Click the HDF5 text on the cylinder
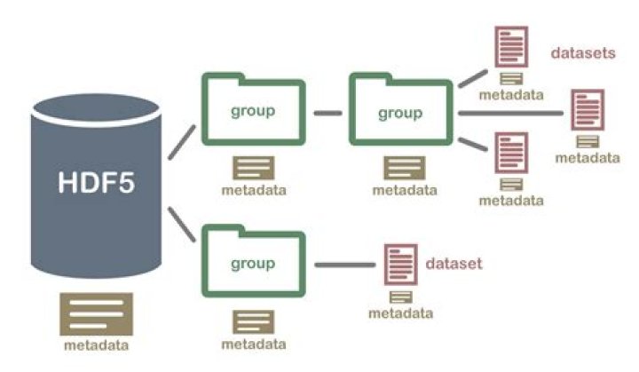96,182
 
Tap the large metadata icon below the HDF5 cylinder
96,313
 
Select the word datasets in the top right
583,53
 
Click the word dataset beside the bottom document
454,264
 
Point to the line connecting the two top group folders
327,113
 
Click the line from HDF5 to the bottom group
182,225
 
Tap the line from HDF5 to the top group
182,142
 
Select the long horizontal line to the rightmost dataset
510,113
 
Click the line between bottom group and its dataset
344,265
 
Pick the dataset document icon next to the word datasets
511,47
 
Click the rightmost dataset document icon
588,110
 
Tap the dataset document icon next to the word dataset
400,265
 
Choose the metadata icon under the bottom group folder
254,321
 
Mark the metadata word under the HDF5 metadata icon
96,345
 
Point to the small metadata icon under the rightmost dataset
588,141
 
